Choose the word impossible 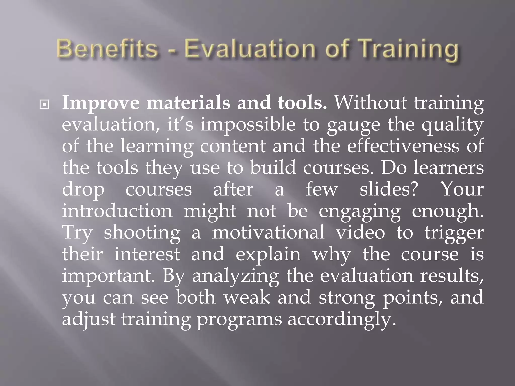[x=248, y=125]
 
